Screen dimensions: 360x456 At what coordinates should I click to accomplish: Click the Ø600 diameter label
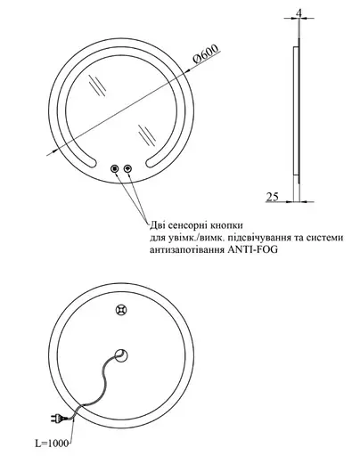pyautogui.click(x=206, y=53)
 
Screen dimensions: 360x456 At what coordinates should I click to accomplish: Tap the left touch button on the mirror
pyautogui.click(x=114, y=169)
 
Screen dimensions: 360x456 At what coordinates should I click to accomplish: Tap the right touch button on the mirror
pyautogui.click(x=128, y=169)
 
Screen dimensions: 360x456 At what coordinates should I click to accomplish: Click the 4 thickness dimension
pyautogui.click(x=299, y=13)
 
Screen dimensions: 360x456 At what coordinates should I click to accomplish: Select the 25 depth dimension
pyautogui.click(x=273, y=197)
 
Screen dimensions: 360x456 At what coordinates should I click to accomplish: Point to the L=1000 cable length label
pyautogui.click(x=52, y=444)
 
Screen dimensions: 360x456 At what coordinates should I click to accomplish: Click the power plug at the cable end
pyautogui.click(x=59, y=419)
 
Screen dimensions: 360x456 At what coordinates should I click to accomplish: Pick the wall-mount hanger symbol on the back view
pyautogui.click(x=121, y=311)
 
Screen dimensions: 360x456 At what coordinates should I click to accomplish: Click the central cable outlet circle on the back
pyautogui.click(x=121, y=355)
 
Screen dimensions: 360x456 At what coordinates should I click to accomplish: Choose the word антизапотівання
pyautogui.click(x=187, y=249)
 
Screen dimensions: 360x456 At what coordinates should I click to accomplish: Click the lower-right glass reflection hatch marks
pyautogui.click(x=147, y=135)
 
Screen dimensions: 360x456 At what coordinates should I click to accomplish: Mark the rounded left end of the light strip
pyautogui.click(x=91, y=163)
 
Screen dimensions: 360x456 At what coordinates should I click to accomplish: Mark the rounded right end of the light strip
pyautogui.click(x=151, y=163)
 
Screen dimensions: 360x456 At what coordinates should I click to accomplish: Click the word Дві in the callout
pyautogui.click(x=157, y=225)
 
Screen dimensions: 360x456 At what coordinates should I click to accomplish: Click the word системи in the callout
pyautogui.click(x=324, y=238)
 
